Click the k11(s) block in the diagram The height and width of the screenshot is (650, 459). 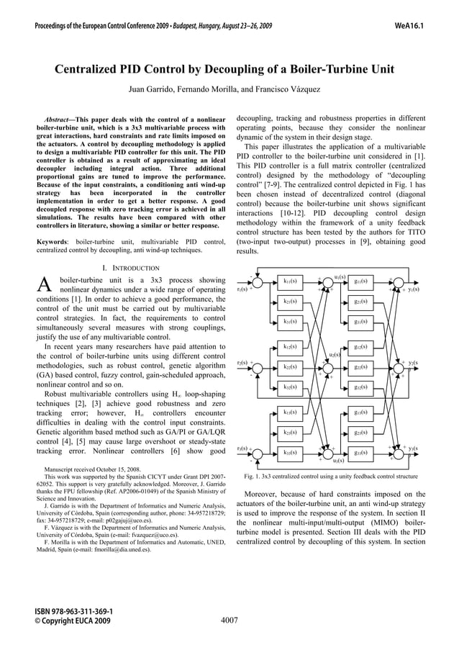(x=291, y=281)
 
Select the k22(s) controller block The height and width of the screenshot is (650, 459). (x=291, y=367)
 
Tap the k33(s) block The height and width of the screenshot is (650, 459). (x=291, y=453)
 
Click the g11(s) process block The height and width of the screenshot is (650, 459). (x=361, y=281)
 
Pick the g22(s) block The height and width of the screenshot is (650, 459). (x=361, y=367)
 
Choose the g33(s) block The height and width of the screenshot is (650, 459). (x=361, y=453)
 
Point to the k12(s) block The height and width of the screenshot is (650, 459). (x=291, y=347)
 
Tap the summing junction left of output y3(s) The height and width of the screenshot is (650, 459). (x=397, y=453)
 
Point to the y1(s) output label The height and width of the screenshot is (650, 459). (x=414, y=289)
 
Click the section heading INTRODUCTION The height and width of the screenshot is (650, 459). (x=132, y=268)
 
